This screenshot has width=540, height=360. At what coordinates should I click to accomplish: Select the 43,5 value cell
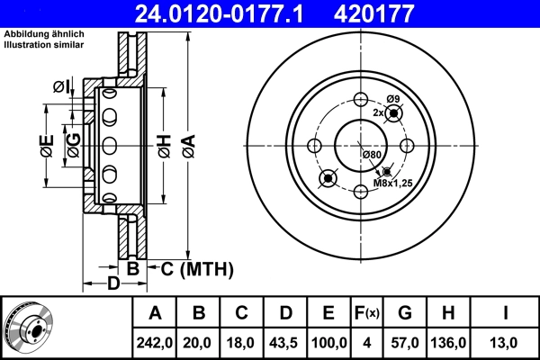click(285, 343)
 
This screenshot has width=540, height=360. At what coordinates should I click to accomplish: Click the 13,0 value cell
click(507, 343)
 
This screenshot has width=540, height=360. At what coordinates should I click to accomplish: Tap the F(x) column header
click(367, 314)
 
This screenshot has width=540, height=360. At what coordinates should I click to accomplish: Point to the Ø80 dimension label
click(373, 155)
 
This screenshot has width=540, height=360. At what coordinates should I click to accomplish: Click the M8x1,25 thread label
click(391, 184)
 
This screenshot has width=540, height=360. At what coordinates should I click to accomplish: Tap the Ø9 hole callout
click(392, 98)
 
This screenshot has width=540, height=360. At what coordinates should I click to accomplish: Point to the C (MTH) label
click(192, 268)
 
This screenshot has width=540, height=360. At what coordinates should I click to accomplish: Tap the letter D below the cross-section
click(113, 285)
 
